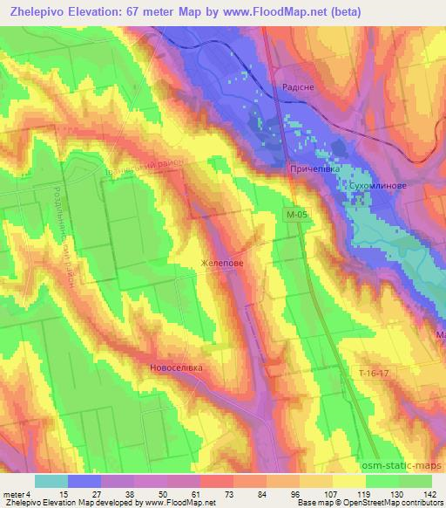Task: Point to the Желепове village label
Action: (221, 261)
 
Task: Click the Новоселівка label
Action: (176, 367)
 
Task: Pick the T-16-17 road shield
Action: (375, 372)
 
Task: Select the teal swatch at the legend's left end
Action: (51, 480)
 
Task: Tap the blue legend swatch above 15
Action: (84, 480)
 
